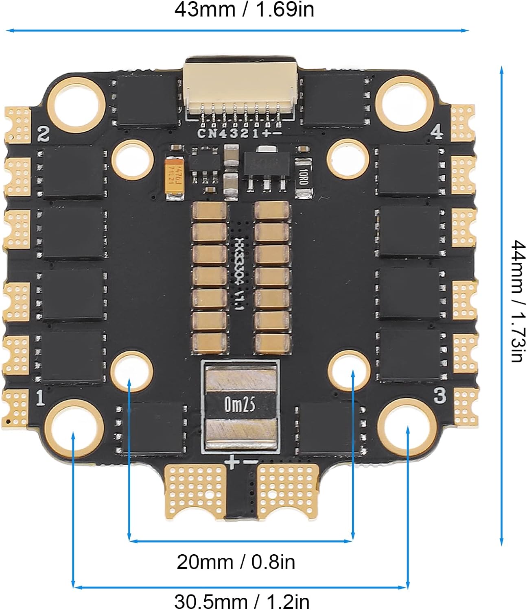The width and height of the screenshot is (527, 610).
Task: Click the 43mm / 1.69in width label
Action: click(244, 10)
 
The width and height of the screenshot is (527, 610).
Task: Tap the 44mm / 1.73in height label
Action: click(517, 301)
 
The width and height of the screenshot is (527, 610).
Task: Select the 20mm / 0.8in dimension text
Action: click(236, 562)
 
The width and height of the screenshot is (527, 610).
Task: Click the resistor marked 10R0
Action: click(303, 177)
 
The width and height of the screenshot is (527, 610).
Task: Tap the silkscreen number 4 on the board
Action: click(436, 132)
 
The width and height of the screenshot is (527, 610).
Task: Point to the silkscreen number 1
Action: click(40, 398)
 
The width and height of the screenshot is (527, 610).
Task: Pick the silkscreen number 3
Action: click(440, 395)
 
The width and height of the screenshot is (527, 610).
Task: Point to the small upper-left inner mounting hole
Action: click(133, 160)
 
